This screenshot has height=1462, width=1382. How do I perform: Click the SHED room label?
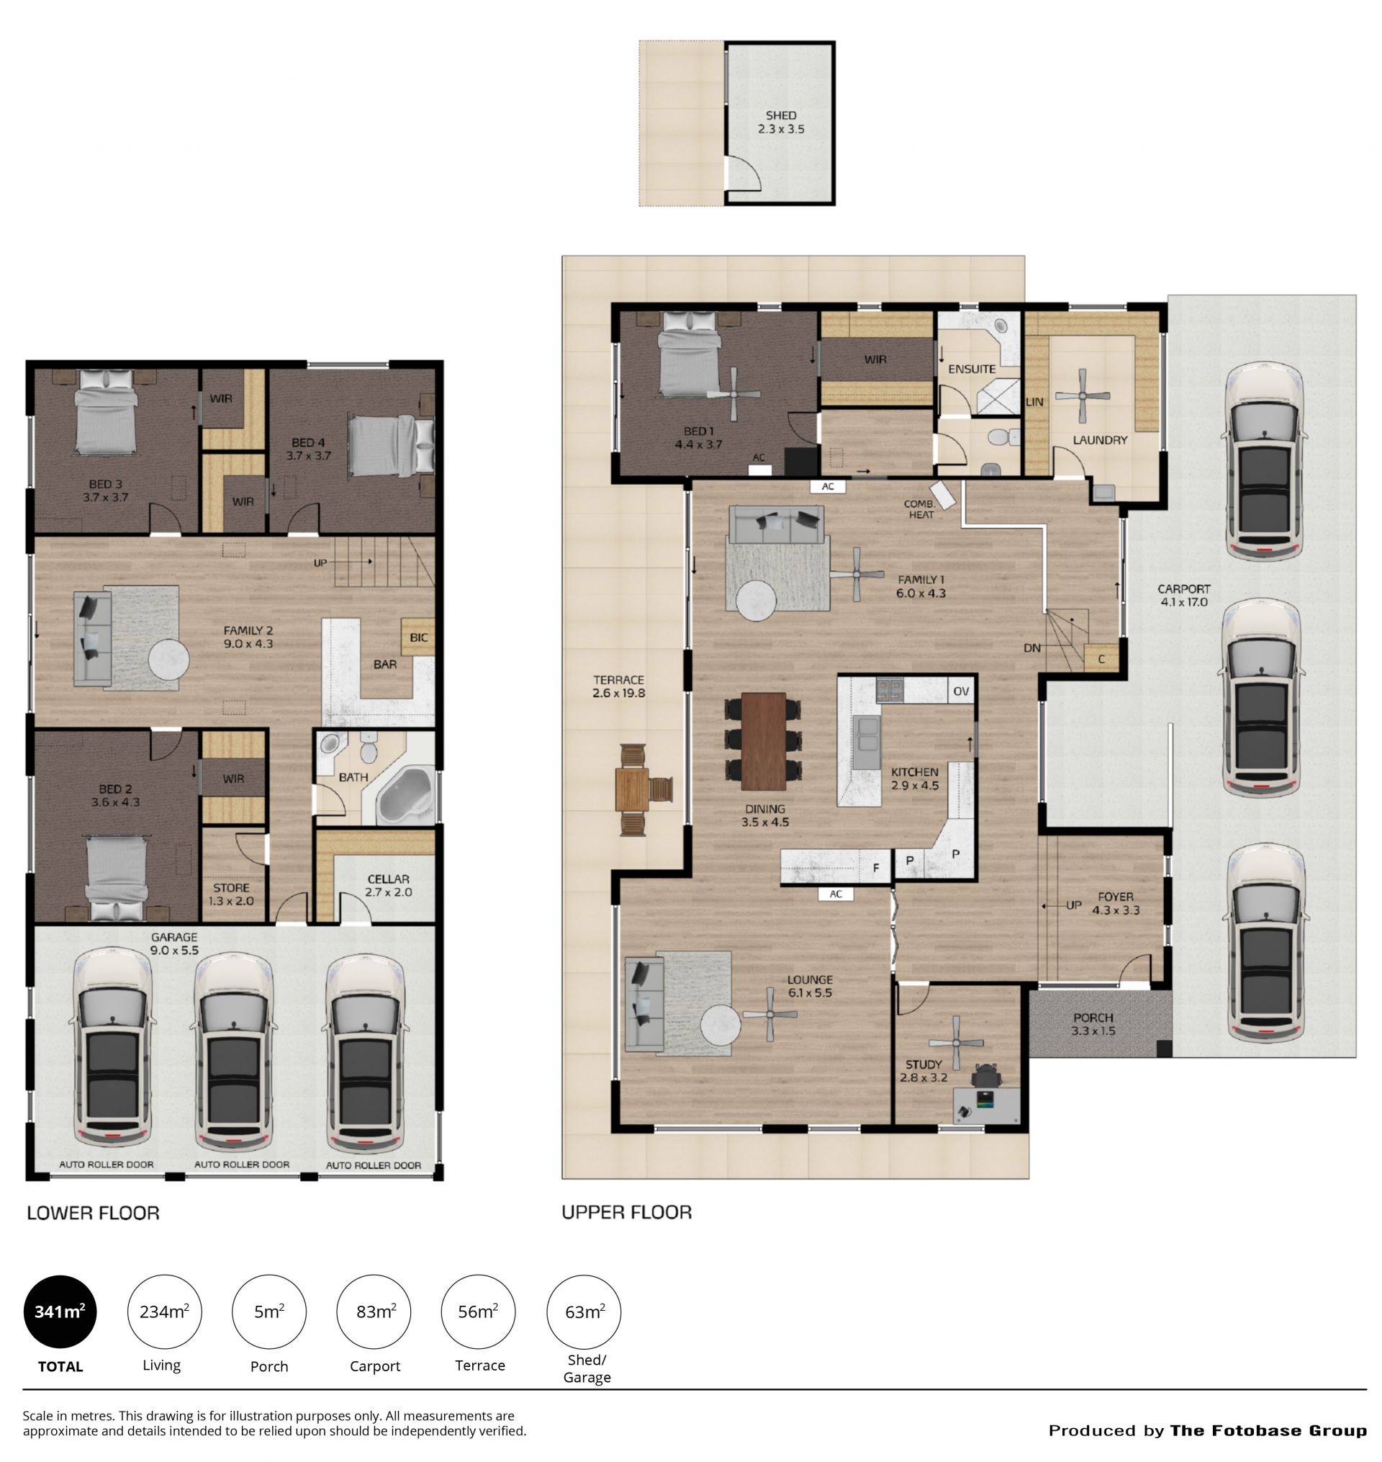click(x=781, y=116)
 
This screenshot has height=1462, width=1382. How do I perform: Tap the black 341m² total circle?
click(x=60, y=1312)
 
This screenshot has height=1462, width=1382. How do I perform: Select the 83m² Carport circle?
click(x=374, y=1312)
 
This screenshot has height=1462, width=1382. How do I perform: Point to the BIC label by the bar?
click(x=418, y=637)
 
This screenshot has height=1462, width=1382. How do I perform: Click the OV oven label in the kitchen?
click(x=962, y=691)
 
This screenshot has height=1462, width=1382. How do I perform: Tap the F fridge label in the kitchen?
click(x=876, y=868)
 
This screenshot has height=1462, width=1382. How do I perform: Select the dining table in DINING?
click(x=763, y=740)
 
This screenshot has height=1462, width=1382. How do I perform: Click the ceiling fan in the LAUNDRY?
click(x=1082, y=395)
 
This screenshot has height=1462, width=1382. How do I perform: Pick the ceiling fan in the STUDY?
click(x=956, y=1043)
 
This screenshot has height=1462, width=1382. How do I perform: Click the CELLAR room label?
click(x=388, y=879)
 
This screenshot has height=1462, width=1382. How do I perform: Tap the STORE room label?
click(x=231, y=888)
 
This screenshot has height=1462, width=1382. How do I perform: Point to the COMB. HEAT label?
click(x=920, y=509)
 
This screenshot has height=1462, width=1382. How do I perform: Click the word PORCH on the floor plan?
click(x=1093, y=1018)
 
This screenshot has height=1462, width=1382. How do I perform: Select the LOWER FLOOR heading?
click(x=94, y=1212)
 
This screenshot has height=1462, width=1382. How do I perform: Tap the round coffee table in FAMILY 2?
click(x=168, y=660)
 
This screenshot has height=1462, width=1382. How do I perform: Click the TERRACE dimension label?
click(x=619, y=694)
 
